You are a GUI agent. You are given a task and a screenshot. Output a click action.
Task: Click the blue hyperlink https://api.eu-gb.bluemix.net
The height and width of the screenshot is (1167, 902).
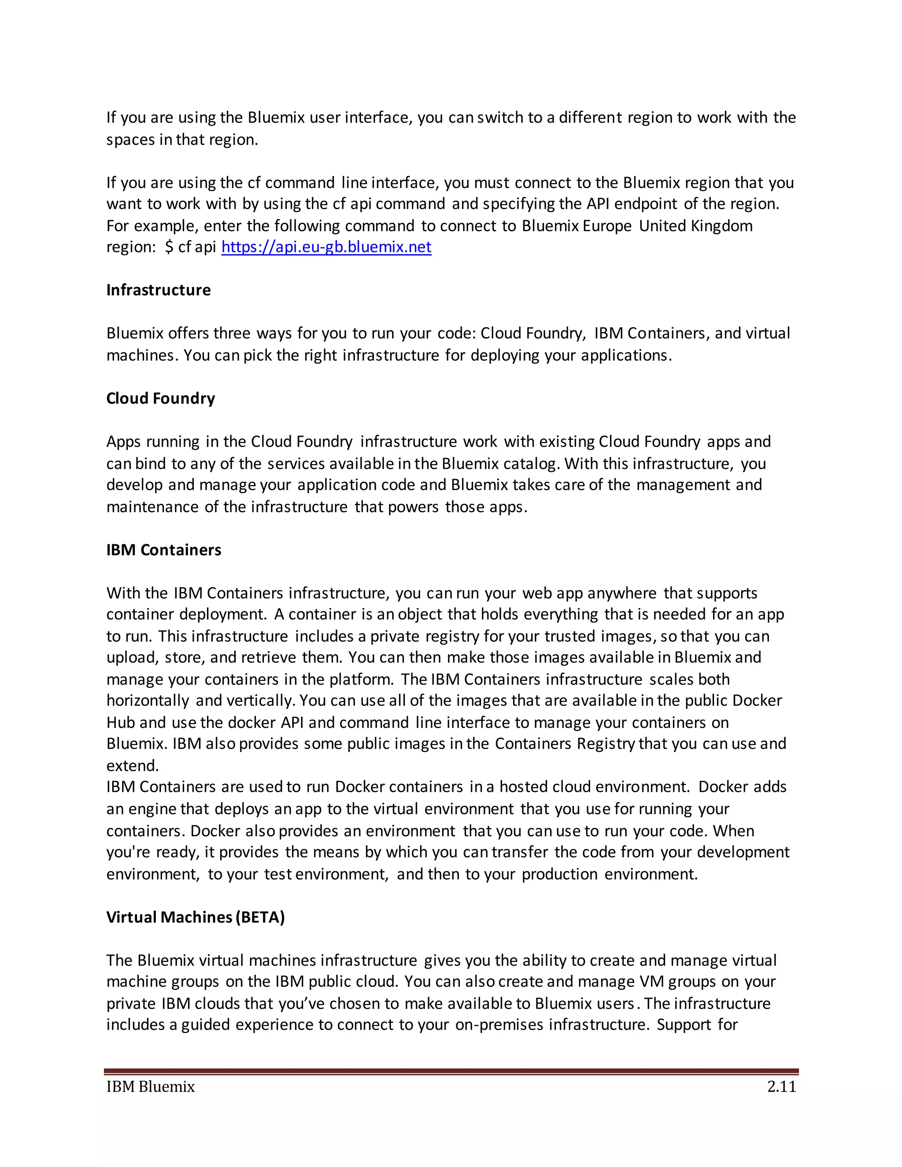coord(326,247)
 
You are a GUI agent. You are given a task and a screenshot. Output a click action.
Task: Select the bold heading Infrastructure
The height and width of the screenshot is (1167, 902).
coord(158,290)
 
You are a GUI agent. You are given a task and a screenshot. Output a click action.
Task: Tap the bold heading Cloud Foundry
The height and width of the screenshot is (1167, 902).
coord(160,398)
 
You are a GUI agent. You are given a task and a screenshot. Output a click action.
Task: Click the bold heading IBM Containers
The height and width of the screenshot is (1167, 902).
coord(163,550)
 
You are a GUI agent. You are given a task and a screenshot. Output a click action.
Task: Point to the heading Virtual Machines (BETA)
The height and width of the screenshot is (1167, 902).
coord(195,917)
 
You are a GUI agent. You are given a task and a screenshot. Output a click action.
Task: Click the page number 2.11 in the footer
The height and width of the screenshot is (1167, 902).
coord(781,1086)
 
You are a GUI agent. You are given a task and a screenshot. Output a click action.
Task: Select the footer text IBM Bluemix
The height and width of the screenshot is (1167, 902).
coord(151,1086)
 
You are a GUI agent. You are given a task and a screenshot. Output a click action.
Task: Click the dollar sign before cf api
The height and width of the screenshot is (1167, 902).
coord(169,247)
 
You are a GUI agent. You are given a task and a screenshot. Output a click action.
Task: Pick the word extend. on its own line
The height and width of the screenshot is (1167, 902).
coord(133,766)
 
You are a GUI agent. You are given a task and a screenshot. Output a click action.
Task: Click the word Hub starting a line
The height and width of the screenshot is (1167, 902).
coord(120,722)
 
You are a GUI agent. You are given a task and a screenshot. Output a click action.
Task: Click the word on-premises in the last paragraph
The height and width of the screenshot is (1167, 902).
coord(499,1025)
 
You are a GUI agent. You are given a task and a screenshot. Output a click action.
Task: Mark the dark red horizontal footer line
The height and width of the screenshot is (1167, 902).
coord(451,1071)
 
